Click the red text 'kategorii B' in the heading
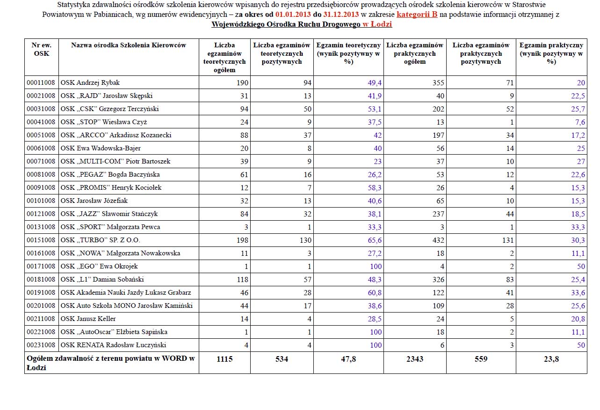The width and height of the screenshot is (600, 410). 417,15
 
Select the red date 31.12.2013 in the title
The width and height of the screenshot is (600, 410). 340,15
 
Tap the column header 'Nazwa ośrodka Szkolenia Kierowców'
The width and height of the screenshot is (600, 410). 129,45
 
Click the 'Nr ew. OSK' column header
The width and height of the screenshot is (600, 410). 41,49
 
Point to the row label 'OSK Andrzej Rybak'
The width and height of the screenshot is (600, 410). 90,83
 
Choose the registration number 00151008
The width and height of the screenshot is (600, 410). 41,240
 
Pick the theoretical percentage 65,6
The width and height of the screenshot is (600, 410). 374,240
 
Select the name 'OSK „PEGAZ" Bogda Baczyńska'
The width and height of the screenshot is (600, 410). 110,175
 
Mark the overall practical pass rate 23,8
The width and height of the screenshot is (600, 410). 551,359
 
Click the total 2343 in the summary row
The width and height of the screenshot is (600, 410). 415,359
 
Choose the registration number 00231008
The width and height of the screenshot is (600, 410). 41,345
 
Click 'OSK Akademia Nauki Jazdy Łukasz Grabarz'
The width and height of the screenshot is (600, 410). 126,293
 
